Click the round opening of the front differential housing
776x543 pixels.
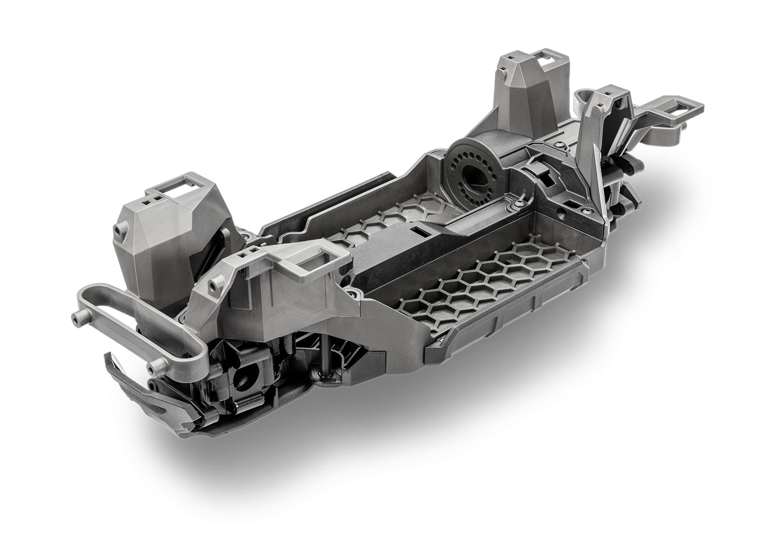click(241, 382)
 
